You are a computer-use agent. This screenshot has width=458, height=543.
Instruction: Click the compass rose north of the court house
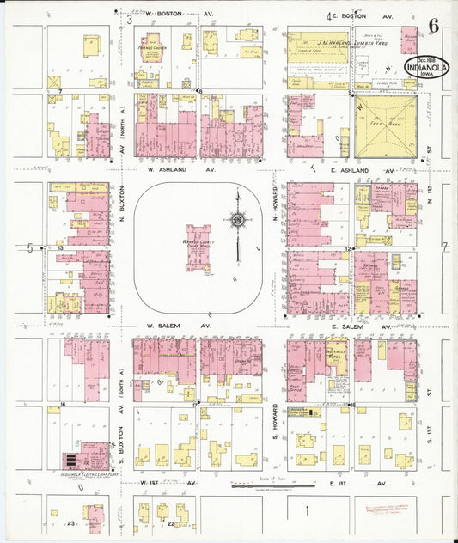coord(235,220)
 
